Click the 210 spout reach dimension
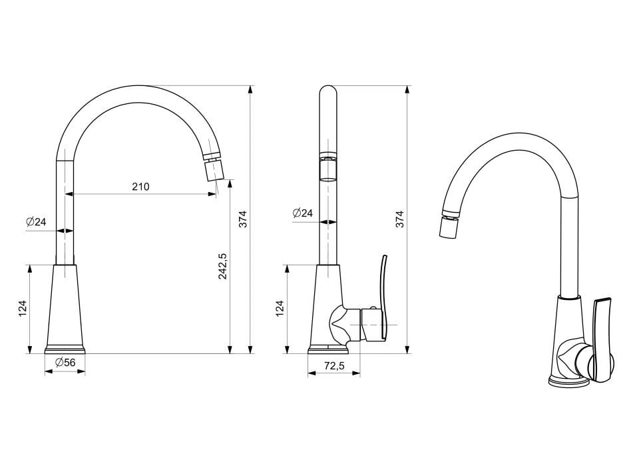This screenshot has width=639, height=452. click(140, 187)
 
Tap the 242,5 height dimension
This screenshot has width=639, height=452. click(223, 266)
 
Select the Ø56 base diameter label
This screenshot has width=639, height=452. click(65, 362)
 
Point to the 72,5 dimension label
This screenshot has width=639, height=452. click(335, 366)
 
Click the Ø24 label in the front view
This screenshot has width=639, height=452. click(36, 222)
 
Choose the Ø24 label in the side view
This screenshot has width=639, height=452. click(303, 213)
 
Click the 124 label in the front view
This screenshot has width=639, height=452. click(23, 309)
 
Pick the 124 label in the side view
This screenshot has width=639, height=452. click(280, 309)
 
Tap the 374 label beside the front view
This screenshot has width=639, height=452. click(243, 219)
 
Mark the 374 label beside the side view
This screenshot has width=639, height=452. click(400, 219)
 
